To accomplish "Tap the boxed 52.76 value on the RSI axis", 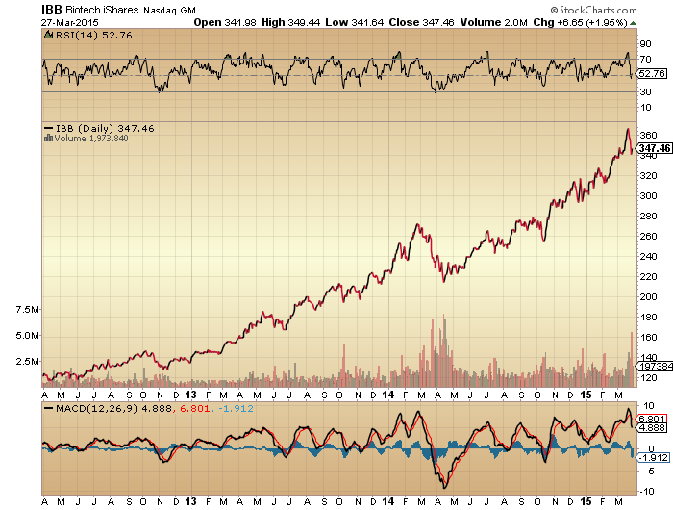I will (652, 73).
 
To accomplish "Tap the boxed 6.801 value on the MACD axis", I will (652, 419).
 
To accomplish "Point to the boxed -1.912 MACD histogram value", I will (652, 456).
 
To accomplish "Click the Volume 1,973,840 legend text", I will (89, 139).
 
